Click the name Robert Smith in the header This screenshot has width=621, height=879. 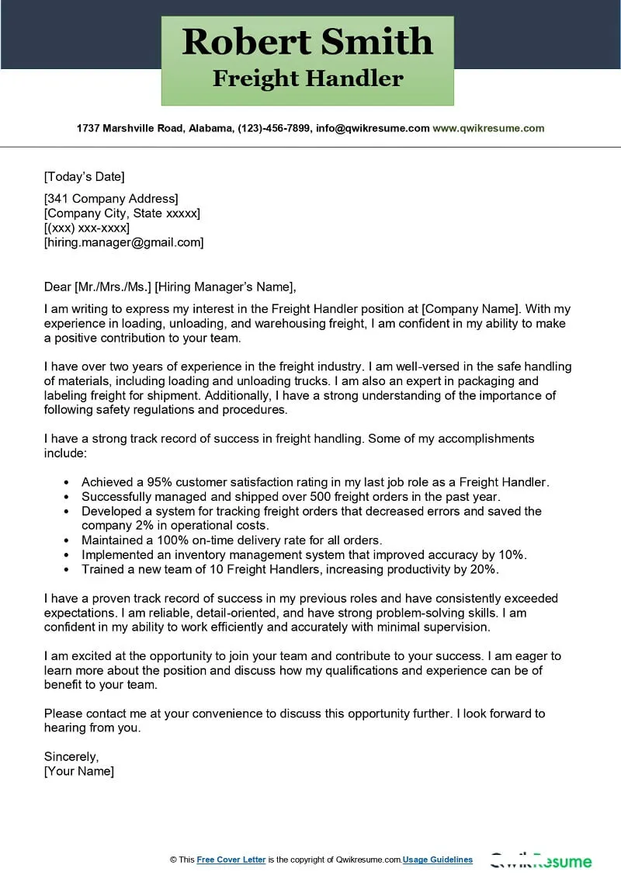[307, 41]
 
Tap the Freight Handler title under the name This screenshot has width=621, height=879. [307, 78]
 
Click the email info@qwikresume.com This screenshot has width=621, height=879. [372, 128]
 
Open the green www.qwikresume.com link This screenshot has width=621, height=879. [488, 128]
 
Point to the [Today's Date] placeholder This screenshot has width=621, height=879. [85, 176]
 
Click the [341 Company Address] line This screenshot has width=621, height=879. [111, 199]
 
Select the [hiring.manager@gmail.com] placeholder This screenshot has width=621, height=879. [124, 242]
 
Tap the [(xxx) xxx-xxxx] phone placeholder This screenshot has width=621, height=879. [87, 228]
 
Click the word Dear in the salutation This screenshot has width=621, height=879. [57, 287]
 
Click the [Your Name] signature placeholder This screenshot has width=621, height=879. [79, 771]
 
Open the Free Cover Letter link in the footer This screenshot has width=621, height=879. [231, 860]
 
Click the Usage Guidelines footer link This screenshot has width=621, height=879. [438, 860]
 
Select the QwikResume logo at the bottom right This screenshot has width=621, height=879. [540, 860]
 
